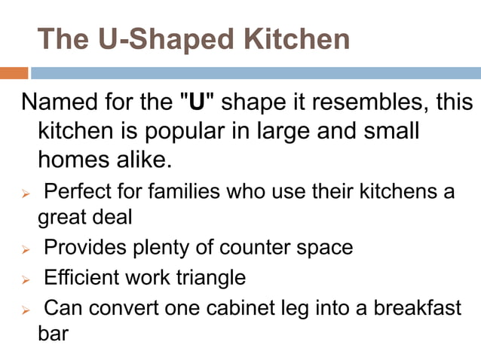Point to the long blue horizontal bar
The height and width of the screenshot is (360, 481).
(x=256, y=73)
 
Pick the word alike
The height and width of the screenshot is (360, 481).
(x=143, y=160)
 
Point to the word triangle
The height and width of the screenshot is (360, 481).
(x=209, y=278)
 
